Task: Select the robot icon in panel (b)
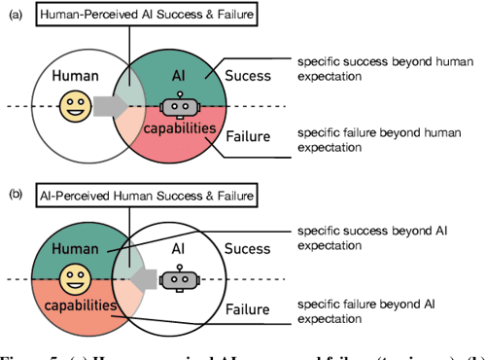[x=176, y=279]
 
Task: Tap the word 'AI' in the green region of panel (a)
[x=176, y=75]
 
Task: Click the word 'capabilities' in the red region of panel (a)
[x=177, y=128]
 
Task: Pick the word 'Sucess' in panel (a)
[x=249, y=75]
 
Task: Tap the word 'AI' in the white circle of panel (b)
[x=177, y=249]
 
